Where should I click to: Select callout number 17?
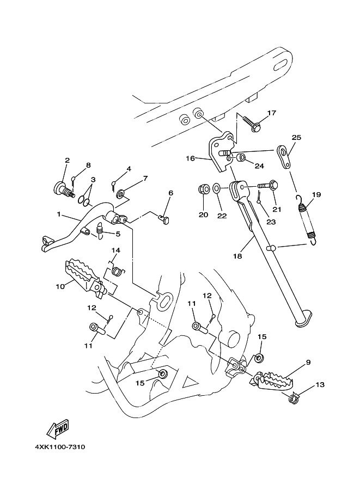click(272, 113)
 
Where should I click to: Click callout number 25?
click(296, 138)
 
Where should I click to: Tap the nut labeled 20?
click(203, 189)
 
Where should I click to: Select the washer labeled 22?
click(216, 189)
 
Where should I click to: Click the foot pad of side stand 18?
click(303, 318)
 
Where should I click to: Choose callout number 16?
click(190, 158)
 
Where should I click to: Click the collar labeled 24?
click(242, 157)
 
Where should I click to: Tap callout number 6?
click(170, 193)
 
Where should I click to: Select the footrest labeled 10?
click(84, 278)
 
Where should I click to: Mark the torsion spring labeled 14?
click(118, 271)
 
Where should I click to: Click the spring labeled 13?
click(294, 398)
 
